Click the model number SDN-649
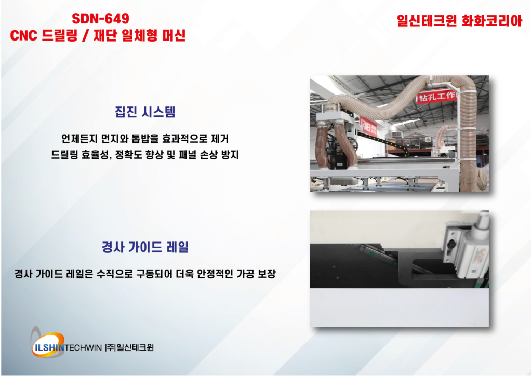(x=100, y=19)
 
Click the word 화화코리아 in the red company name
(x=491, y=21)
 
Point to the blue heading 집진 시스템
(x=145, y=112)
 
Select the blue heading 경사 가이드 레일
(x=145, y=247)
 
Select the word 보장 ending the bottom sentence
(x=267, y=274)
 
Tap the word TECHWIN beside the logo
(x=83, y=348)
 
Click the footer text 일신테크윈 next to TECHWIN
(x=135, y=348)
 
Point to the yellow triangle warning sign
(x=428, y=140)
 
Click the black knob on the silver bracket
(x=451, y=245)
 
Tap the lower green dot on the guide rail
(x=395, y=263)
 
